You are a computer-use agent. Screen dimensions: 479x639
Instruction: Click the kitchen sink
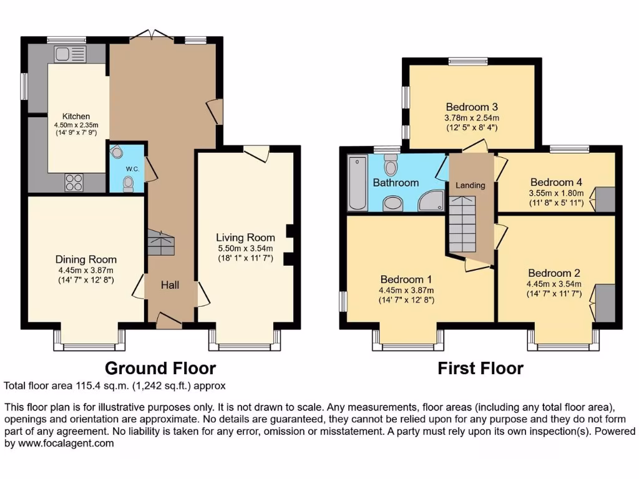tap(65, 55)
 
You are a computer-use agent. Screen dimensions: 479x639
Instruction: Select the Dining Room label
tap(86, 259)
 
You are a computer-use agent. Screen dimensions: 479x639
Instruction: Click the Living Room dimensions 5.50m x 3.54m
tap(245, 248)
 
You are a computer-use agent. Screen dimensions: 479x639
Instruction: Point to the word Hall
tap(170, 285)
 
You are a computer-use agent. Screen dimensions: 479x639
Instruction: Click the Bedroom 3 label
tap(471, 107)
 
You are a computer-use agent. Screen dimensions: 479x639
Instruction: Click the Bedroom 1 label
tap(406, 279)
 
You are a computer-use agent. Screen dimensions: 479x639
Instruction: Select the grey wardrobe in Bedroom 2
tap(604, 303)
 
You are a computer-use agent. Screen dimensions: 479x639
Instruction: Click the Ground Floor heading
tap(160, 368)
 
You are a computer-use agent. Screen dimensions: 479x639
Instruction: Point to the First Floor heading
tap(480, 368)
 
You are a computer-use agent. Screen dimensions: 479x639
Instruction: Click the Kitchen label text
tap(76, 116)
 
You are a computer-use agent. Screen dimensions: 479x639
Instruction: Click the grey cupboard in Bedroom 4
tap(605, 198)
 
